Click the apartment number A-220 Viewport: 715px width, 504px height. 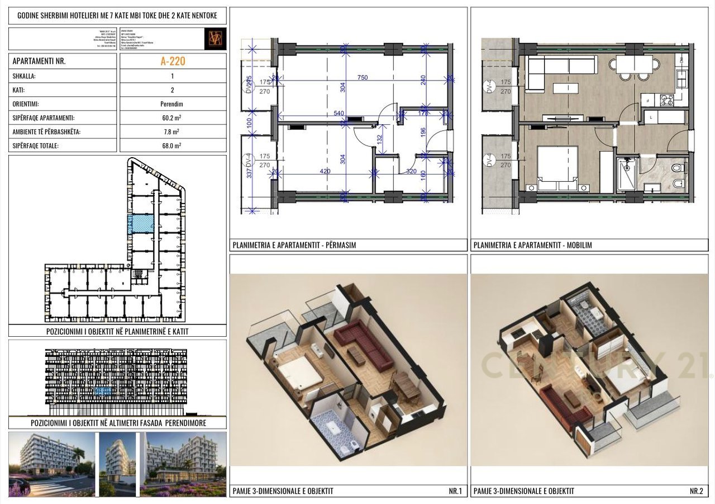click(x=173, y=61)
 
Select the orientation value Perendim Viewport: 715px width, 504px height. click(x=173, y=104)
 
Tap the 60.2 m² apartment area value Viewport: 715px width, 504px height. click(x=173, y=118)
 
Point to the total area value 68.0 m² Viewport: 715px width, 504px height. click(x=173, y=145)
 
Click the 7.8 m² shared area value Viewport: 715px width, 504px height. click(x=173, y=132)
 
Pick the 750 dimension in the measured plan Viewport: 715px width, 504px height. click(x=363, y=78)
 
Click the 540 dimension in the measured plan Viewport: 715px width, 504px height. click(x=339, y=114)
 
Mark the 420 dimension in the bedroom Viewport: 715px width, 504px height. click(x=326, y=172)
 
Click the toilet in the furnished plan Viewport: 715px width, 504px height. click(x=676, y=167)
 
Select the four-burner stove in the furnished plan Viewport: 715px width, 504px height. click(x=666, y=100)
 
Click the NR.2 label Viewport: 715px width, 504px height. click(x=696, y=491)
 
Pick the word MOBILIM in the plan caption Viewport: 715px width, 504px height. click(x=579, y=245)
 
